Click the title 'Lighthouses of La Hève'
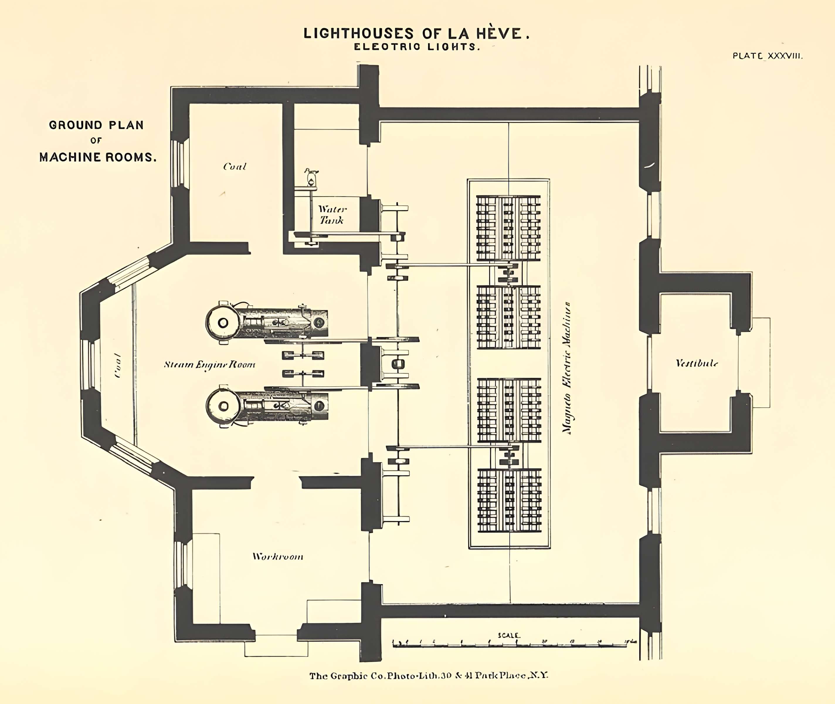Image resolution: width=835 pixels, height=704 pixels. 417,33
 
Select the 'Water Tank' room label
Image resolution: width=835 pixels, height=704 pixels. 332,215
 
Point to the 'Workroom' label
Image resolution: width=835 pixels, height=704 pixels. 278,557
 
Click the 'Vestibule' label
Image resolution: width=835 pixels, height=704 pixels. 697,363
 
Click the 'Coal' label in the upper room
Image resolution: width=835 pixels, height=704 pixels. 235,166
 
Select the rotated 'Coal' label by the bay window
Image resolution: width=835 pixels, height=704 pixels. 117,365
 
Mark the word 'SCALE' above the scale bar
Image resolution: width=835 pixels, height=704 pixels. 509,635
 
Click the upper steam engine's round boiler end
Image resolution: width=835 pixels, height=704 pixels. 222,322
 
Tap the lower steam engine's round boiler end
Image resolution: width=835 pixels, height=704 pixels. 223,406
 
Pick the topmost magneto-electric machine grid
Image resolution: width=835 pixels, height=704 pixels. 508,228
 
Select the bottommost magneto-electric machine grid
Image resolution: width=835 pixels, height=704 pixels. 510,500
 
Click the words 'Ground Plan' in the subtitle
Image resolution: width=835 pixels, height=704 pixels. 96,125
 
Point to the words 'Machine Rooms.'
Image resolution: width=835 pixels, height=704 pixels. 98,157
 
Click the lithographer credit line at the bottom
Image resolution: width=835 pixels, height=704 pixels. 429,676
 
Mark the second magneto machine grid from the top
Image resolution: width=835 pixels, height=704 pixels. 509,317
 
